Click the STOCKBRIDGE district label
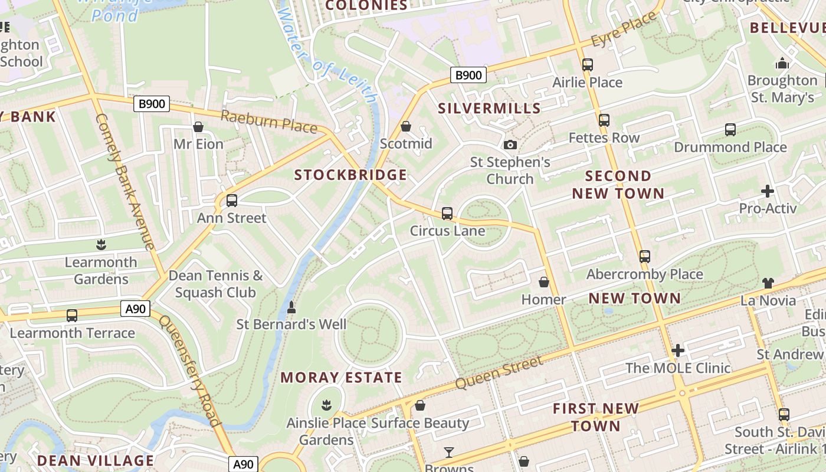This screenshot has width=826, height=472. [350, 175]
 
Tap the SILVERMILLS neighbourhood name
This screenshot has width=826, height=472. [489, 108]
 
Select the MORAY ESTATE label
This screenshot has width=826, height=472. [341, 378]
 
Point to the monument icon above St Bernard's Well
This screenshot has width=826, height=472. [291, 307]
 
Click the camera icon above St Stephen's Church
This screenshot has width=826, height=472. [510, 145]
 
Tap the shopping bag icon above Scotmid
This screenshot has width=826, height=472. [406, 126]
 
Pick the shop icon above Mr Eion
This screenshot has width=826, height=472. [198, 127]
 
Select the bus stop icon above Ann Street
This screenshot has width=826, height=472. [232, 201]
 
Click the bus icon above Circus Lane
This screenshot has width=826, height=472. [447, 213]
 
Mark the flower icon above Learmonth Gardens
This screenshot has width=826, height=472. [100, 244]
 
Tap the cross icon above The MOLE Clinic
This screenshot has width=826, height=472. [678, 350]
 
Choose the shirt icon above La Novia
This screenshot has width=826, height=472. [768, 283]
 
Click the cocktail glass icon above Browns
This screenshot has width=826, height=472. [449, 453]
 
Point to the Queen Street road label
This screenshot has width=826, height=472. [499, 372]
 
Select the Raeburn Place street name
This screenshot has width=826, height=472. [269, 121]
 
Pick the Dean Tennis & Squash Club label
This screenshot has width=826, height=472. [215, 284]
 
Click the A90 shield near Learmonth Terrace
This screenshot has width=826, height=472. [136, 308]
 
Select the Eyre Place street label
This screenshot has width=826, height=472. [624, 31]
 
